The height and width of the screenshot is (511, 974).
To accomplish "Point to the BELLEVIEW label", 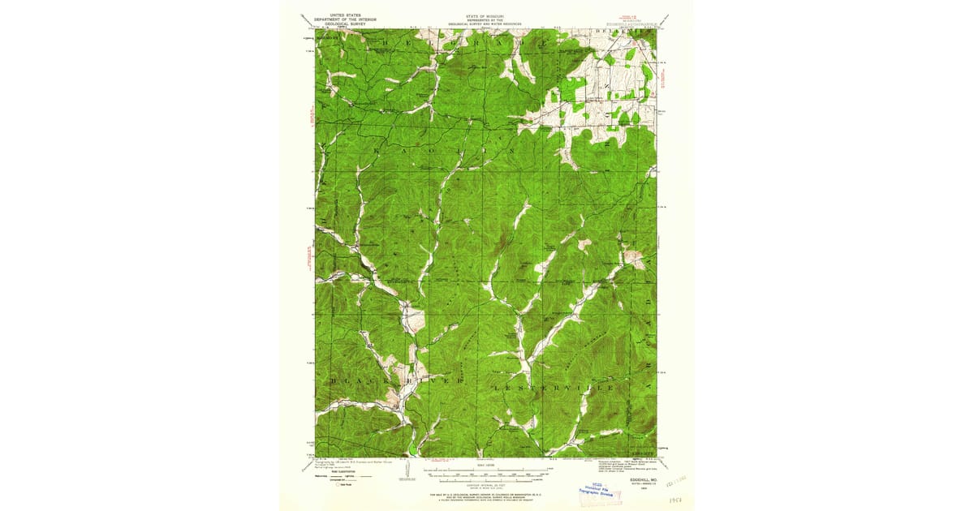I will (627, 31).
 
